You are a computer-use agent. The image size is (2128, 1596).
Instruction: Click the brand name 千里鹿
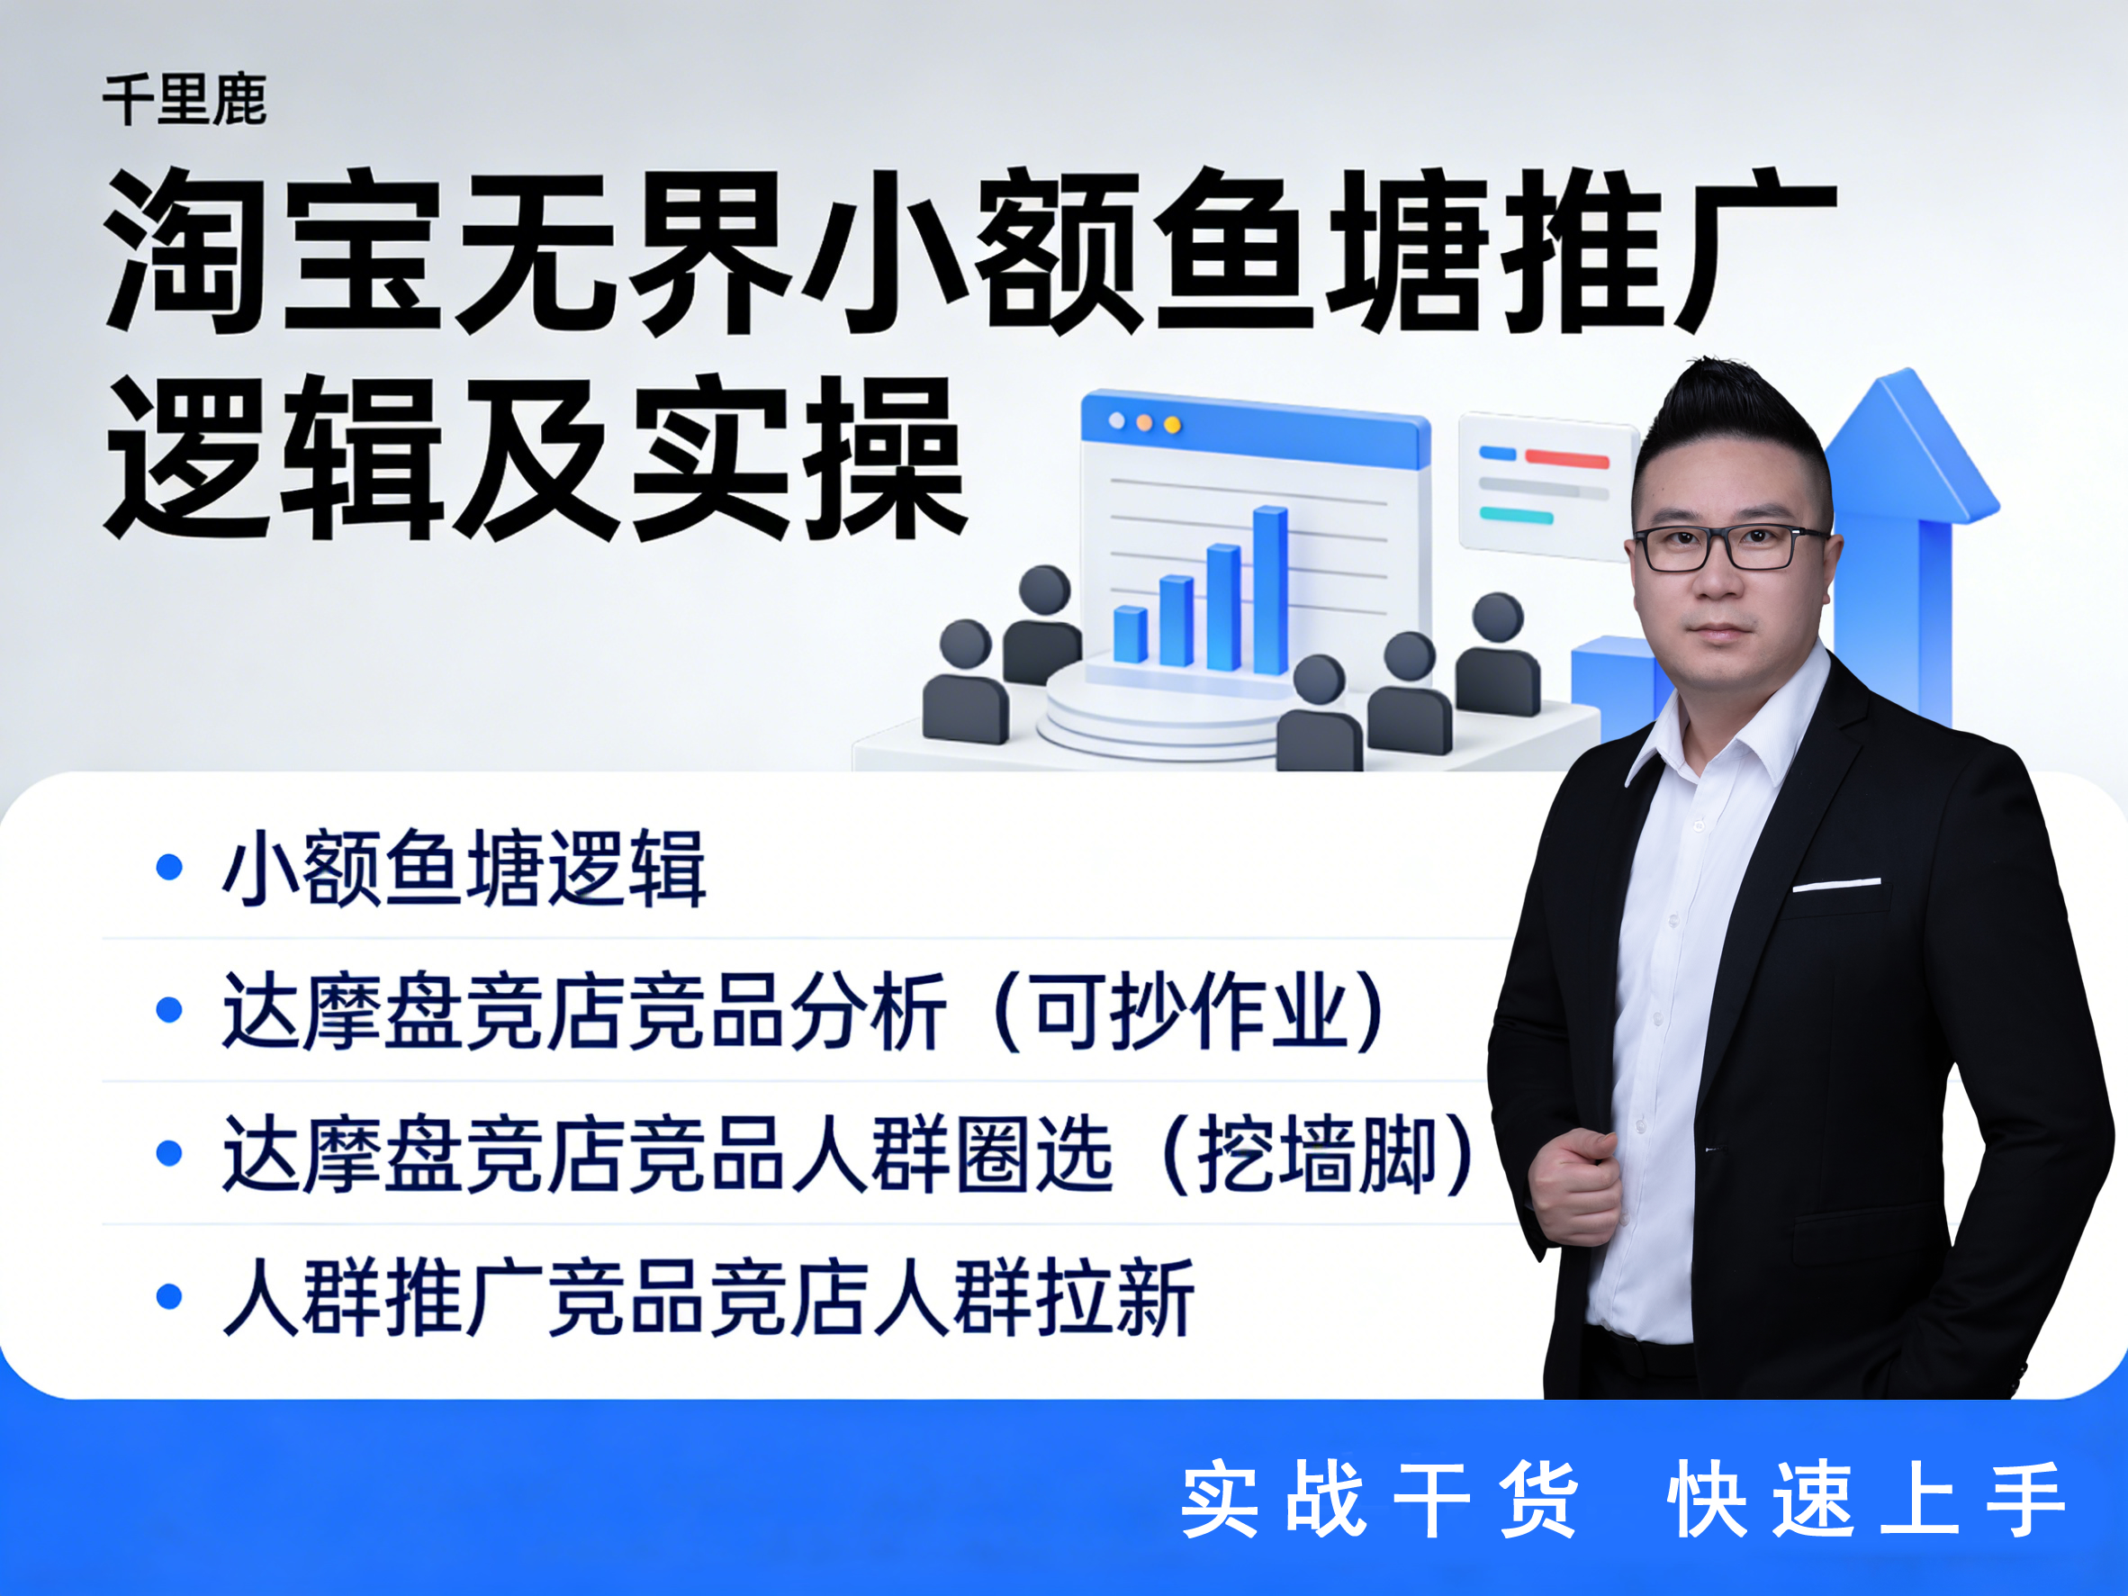pos(185,100)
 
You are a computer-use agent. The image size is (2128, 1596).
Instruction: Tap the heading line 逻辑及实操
pos(535,460)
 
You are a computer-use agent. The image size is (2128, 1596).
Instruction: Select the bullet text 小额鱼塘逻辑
pos(464,868)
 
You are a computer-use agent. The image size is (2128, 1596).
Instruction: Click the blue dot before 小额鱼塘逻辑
pos(169,867)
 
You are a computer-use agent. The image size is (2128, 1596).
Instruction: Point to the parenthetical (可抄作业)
pos(1188,1011)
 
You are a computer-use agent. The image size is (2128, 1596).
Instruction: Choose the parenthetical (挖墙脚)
pos(1317,1154)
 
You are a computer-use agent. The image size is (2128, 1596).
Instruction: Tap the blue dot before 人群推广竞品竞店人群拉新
pos(169,1297)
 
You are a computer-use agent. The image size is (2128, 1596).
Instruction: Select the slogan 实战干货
pos(1378,1499)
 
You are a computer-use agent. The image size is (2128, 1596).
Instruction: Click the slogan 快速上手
pos(1866,1499)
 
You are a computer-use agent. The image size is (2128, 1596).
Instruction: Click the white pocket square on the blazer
pos(1835,884)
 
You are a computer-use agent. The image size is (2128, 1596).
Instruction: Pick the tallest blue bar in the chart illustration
pos(1270,590)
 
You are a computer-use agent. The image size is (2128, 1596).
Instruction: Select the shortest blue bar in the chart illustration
pos(1131,634)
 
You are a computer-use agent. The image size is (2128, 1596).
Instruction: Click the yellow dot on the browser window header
pos(1172,424)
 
